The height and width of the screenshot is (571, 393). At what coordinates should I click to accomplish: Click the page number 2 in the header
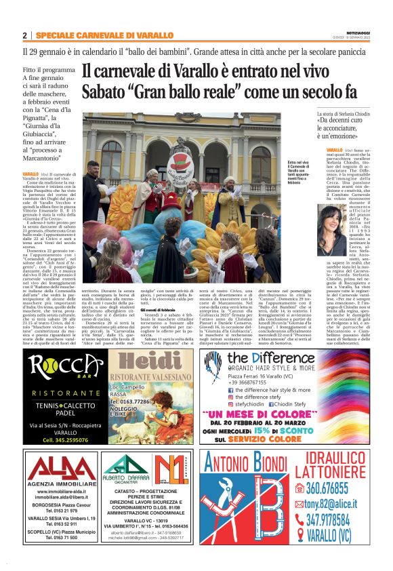point(25,35)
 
